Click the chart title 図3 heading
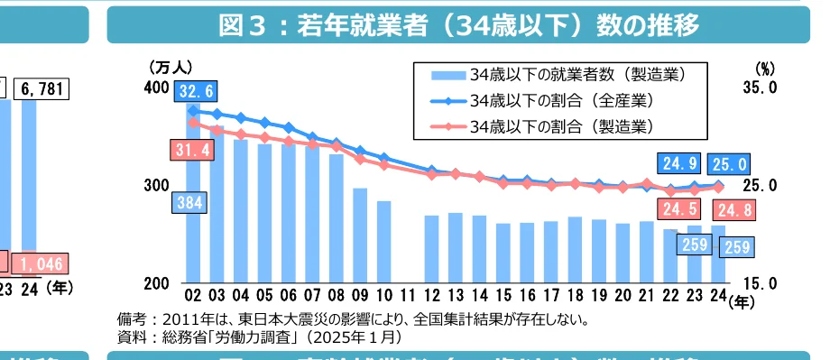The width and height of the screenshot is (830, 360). [459, 24]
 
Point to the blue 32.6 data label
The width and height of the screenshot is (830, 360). [197, 91]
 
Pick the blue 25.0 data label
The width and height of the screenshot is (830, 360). [729, 163]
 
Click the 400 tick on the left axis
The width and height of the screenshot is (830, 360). [156, 88]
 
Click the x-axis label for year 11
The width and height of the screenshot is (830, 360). [408, 294]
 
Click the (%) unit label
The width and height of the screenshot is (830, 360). [763, 68]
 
